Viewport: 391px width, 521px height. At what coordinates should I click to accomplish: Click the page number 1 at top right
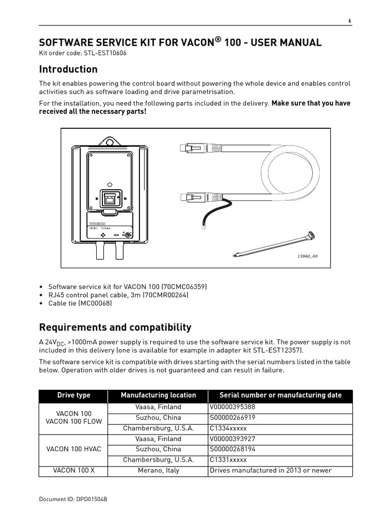pos(349,21)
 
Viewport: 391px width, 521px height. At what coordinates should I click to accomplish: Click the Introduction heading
pos(68,69)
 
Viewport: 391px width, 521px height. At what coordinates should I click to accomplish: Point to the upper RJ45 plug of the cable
pos(189,148)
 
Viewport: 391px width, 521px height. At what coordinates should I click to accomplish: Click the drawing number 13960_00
pos(307,256)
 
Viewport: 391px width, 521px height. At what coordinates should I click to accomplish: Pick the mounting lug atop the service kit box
pos(108,141)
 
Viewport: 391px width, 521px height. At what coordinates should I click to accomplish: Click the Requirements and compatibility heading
pos(115,327)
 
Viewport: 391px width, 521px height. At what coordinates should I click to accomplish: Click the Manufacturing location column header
pos(158,395)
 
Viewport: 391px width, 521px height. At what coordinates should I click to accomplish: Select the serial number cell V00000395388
pos(232,408)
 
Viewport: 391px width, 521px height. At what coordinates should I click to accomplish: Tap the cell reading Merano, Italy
pos(158,471)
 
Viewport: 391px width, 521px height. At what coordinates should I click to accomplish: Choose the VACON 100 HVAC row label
pos(73,449)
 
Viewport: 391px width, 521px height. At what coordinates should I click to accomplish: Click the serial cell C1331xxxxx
pos(228,460)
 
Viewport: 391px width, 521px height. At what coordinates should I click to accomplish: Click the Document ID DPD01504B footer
pos(73,499)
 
